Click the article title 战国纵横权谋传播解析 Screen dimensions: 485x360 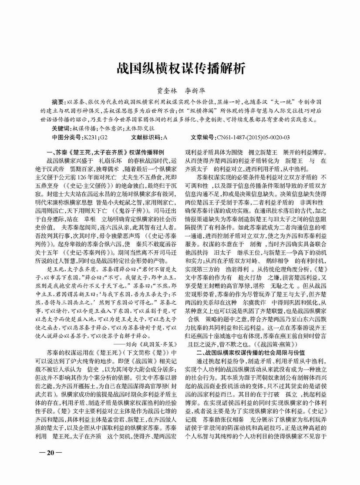pyautogui.click(x=180, y=68)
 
